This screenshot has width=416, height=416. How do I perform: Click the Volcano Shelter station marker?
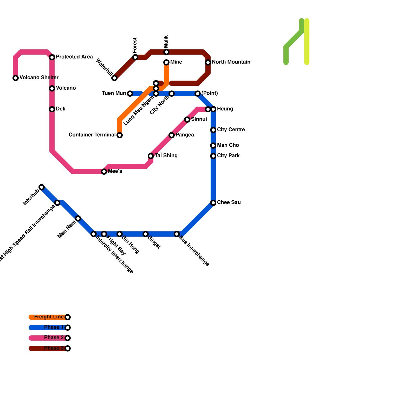pos(16,78)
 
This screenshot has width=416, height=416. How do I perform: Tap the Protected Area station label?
pos(74,57)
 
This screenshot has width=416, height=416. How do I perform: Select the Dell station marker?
pos(52,109)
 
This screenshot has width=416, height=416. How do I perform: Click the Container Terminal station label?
pos(92,135)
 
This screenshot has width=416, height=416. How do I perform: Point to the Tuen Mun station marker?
pos(130,94)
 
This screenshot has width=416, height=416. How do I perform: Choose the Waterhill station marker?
pos(114,78)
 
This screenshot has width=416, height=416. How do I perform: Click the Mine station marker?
pos(166,62)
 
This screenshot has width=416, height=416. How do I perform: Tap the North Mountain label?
pos(231,62)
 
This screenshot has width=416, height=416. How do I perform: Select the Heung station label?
pos(225,109)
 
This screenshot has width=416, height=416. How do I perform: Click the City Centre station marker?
pos(213,130)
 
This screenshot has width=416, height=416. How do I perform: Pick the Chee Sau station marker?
pos(213,203)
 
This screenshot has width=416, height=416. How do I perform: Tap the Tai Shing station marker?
pos(151,156)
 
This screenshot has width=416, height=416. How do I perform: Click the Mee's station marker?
pos(104,172)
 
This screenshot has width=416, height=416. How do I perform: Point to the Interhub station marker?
pos(42,187)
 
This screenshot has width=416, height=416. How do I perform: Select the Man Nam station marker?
pos(78,218)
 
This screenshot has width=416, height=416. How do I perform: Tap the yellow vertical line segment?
pos(307,42)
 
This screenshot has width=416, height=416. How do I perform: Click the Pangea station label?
pos(185,135)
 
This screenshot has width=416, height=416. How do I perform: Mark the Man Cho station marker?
pos(213,146)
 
